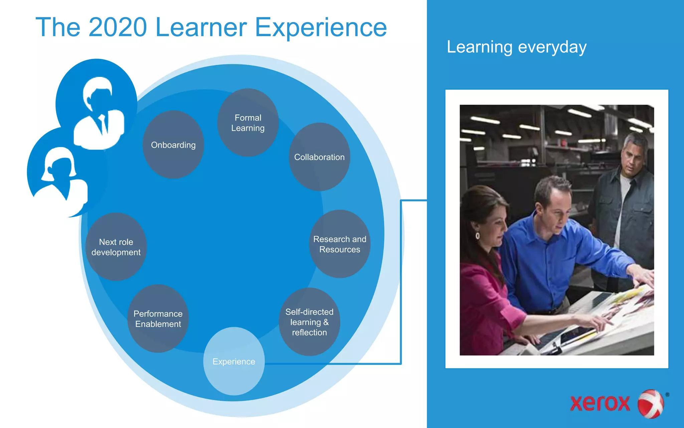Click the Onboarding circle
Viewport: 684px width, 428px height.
pos(173,145)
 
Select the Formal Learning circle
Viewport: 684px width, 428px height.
pos(248,123)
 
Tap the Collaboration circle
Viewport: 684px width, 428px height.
pos(319,157)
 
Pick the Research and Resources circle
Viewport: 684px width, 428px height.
pos(340,244)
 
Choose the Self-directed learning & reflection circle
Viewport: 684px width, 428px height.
pos(309,322)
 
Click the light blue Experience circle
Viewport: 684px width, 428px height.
pos(234,361)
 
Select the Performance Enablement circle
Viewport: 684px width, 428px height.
pos(158,319)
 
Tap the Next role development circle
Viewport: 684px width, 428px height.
pos(116,247)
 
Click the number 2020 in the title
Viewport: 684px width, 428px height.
pos(118,27)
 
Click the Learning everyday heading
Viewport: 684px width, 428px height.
pos(516,47)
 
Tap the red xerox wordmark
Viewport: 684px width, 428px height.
pos(600,403)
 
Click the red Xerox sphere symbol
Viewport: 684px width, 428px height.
pos(651,404)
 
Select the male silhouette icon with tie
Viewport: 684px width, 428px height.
pos(99,114)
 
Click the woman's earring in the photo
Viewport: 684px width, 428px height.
pos(478,236)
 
